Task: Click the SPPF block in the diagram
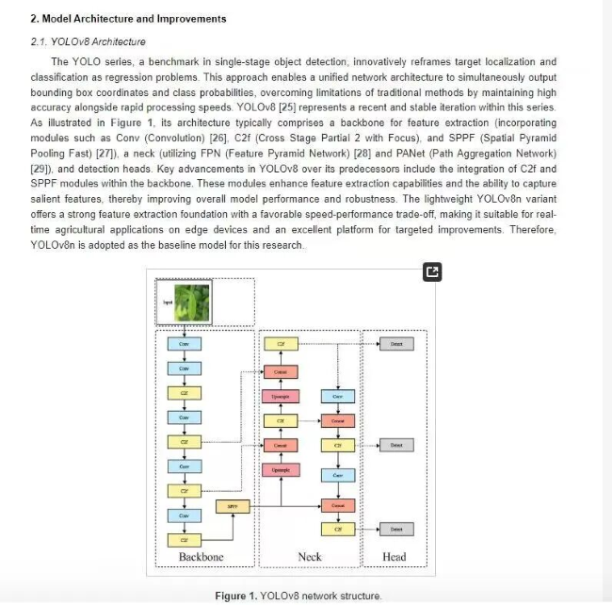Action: pyautogui.click(x=233, y=506)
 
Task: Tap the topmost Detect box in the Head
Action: pyautogui.click(x=396, y=345)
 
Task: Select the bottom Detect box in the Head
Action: pyautogui.click(x=396, y=531)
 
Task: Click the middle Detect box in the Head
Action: pyautogui.click(x=396, y=445)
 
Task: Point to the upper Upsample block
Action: pyautogui.click(x=281, y=397)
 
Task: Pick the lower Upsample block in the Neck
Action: pyautogui.click(x=281, y=469)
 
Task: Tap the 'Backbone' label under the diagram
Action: pyautogui.click(x=201, y=557)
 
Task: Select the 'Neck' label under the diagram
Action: pyautogui.click(x=310, y=557)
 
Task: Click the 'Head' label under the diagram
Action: pyautogui.click(x=395, y=557)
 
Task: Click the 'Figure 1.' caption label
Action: pyautogui.click(x=235, y=596)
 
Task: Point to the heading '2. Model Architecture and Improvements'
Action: pyautogui.click(x=128, y=19)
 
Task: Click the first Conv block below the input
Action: pyautogui.click(x=185, y=345)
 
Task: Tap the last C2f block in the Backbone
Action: pyautogui.click(x=185, y=540)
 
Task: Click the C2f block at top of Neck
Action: pyautogui.click(x=281, y=345)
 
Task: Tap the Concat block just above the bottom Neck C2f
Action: pyautogui.click(x=338, y=506)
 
